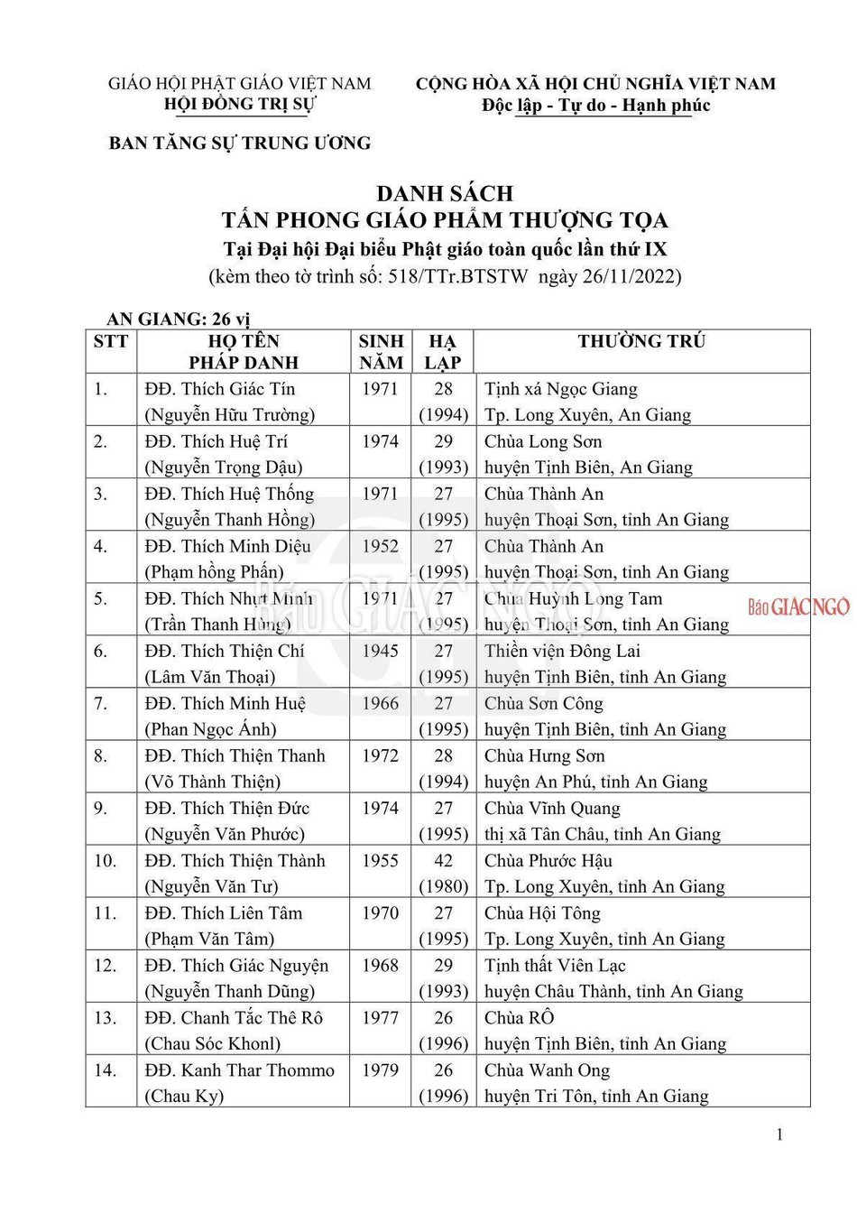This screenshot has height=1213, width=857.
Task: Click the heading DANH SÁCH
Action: click(x=444, y=193)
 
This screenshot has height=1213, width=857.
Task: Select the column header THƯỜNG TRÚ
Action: click(x=641, y=341)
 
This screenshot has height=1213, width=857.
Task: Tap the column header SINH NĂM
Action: click(x=381, y=352)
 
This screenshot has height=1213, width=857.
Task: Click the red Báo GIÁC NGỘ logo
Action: click(x=798, y=606)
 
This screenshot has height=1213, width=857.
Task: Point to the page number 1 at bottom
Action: click(x=779, y=1134)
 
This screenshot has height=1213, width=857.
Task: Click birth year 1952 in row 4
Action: click(x=380, y=546)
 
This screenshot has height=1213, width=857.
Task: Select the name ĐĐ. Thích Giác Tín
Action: click(x=220, y=389)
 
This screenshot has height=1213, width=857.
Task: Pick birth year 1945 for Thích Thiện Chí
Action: click(x=380, y=651)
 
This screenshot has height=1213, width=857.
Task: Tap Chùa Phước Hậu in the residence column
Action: click(x=548, y=860)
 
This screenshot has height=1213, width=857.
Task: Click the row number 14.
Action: click(x=106, y=1070)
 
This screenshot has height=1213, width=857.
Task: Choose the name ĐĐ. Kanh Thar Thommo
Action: click(x=239, y=1070)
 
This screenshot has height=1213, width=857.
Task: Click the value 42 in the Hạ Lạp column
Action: click(x=443, y=860)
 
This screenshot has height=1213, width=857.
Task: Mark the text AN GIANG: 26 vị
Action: click(x=178, y=319)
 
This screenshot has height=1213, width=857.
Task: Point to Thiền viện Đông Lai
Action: click(x=562, y=651)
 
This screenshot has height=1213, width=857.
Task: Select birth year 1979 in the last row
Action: click(x=380, y=1069)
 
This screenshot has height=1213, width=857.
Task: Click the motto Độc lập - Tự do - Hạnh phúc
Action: click(x=595, y=106)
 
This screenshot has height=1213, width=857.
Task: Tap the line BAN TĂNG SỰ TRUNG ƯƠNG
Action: click(x=240, y=143)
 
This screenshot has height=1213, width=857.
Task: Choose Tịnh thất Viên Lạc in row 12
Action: click(x=555, y=965)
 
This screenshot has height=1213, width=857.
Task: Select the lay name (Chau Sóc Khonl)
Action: click(x=213, y=1043)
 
